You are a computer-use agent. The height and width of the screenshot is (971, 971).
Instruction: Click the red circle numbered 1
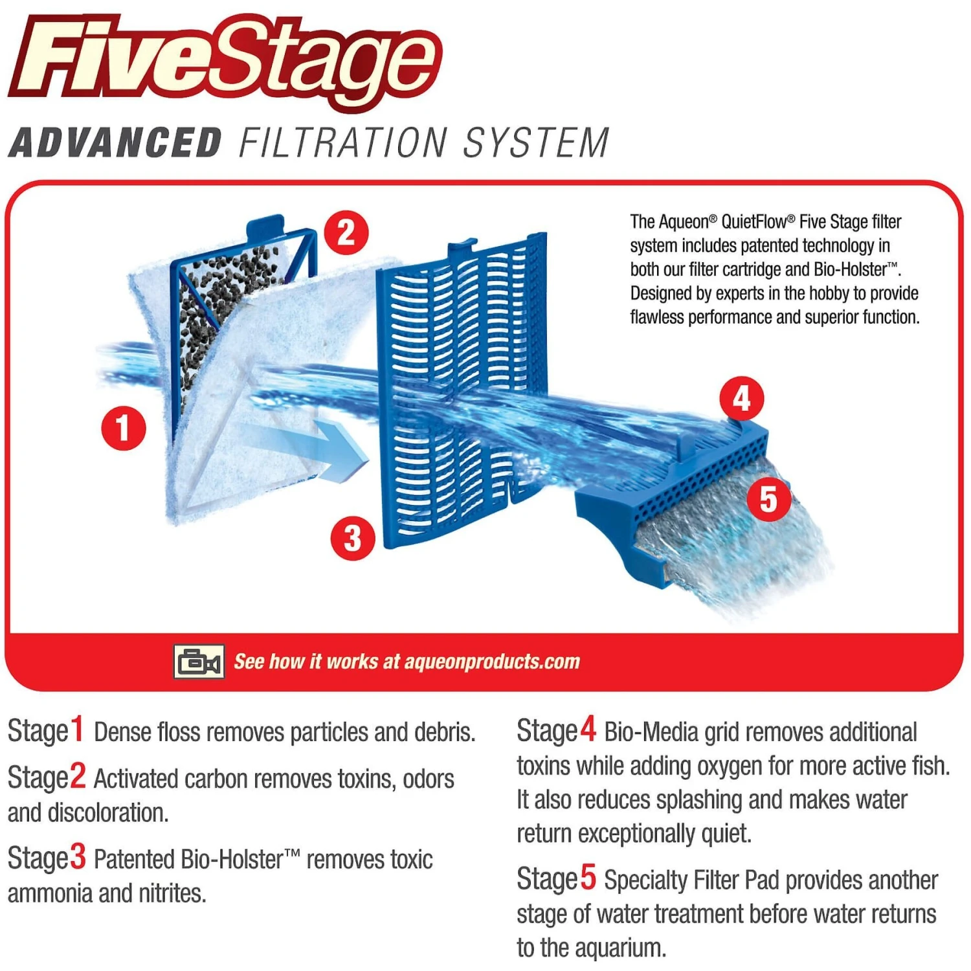[123, 428]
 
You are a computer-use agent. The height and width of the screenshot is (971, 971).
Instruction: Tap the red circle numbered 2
[346, 232]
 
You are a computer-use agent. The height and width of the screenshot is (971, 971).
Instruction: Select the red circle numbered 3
[353, 538]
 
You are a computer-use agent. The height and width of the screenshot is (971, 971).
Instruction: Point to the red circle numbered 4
[742, 399]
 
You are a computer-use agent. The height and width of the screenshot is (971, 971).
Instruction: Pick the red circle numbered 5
[768, 500]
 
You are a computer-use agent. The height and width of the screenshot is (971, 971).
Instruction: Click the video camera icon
[199, 662]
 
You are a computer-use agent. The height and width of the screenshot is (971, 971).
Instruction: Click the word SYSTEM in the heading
[536, 142]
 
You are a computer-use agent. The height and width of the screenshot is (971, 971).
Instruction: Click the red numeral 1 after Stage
[78, 730]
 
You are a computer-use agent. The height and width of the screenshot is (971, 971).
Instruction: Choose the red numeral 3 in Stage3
[78, 857]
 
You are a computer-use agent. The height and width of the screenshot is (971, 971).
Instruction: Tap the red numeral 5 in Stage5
[588, 878]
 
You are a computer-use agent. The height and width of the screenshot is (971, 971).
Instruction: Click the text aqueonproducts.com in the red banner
[492, 662]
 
